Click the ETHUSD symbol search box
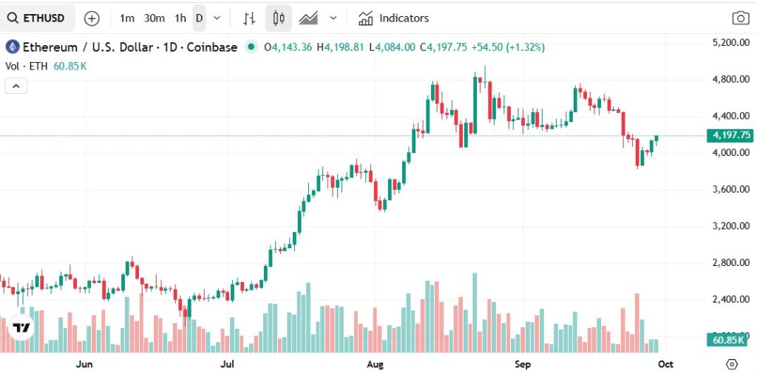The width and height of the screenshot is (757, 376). coord(38,18)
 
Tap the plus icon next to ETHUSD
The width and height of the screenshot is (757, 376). coord(92,18)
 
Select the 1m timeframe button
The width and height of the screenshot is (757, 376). coord(127,18)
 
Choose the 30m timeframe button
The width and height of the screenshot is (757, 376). coord(154,18)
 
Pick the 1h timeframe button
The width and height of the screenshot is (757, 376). coord(180,18)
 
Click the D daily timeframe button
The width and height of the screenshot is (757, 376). coord(199,18)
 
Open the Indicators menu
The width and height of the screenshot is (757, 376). coord(393,18)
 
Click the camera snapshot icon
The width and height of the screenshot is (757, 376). coord(739,18)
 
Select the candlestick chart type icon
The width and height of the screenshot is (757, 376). coord(279,18)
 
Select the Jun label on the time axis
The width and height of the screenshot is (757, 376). coord(84,364)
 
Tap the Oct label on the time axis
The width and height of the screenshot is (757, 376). coord(665,364)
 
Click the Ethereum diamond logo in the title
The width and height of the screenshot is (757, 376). coord(12,47)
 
